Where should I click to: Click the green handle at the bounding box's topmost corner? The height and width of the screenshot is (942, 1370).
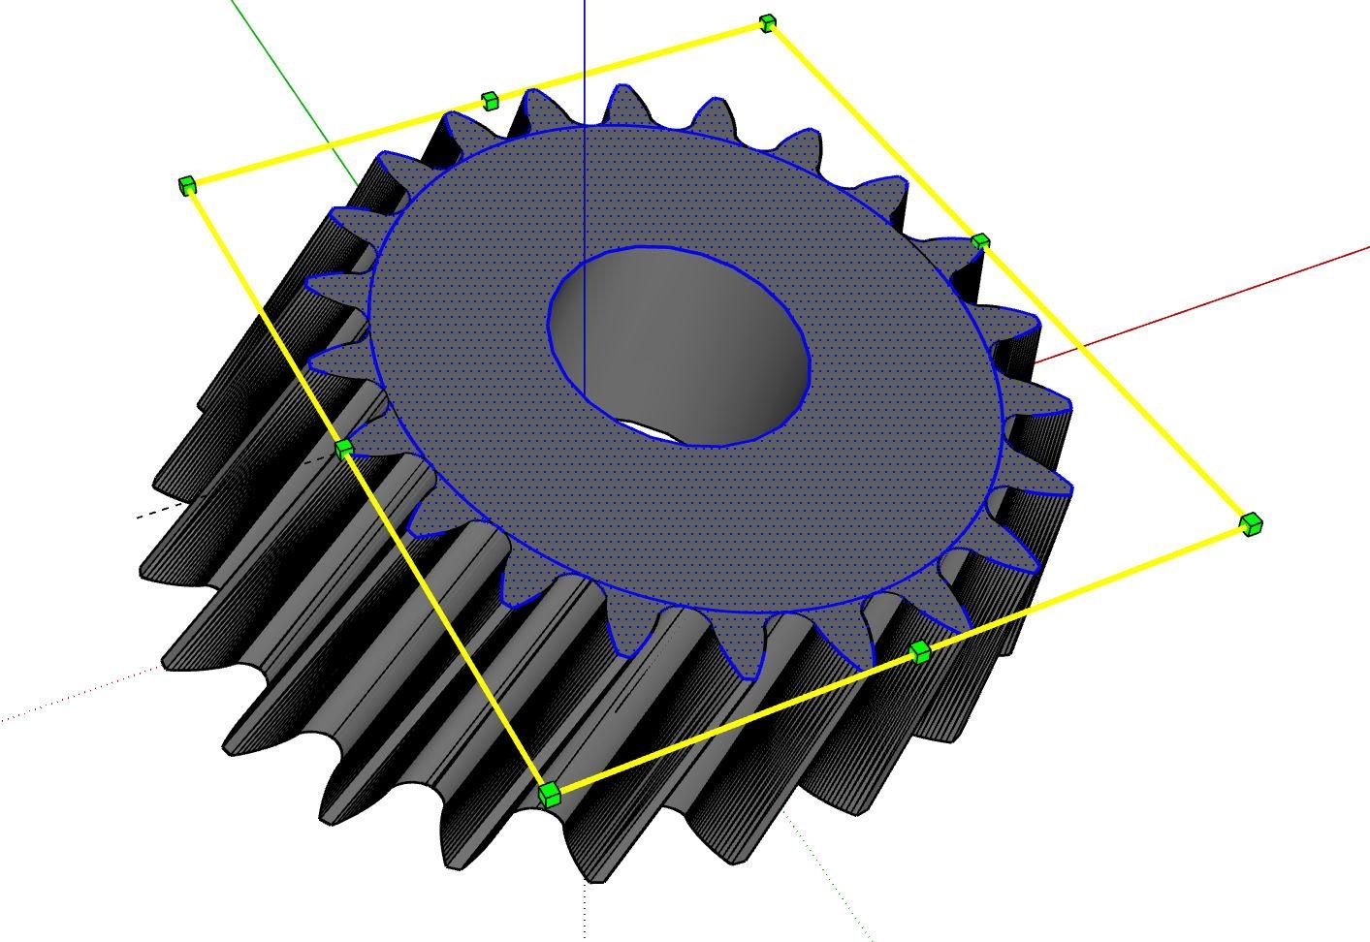pos(768,22)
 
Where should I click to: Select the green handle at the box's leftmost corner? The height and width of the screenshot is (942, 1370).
pos(187,185)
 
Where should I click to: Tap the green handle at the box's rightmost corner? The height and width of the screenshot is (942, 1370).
pos(1251,524)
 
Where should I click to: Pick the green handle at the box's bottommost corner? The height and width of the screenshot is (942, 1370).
pos(549,795)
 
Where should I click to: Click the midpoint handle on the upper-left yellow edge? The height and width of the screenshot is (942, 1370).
pos(490,100)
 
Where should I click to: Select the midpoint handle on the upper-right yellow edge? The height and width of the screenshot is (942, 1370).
pos(980,241)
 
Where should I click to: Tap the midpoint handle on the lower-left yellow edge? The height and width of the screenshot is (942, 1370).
pos(344,449)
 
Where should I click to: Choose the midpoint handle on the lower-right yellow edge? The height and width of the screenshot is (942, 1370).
pos(920,651)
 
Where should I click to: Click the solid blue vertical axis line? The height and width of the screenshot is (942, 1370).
pos(584,58)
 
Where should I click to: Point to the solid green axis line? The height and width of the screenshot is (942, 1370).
pos(291,87)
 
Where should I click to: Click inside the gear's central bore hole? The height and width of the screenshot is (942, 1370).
pos(698,339)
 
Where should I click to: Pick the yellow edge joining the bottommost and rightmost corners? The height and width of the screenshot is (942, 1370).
pos(1086,587)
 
